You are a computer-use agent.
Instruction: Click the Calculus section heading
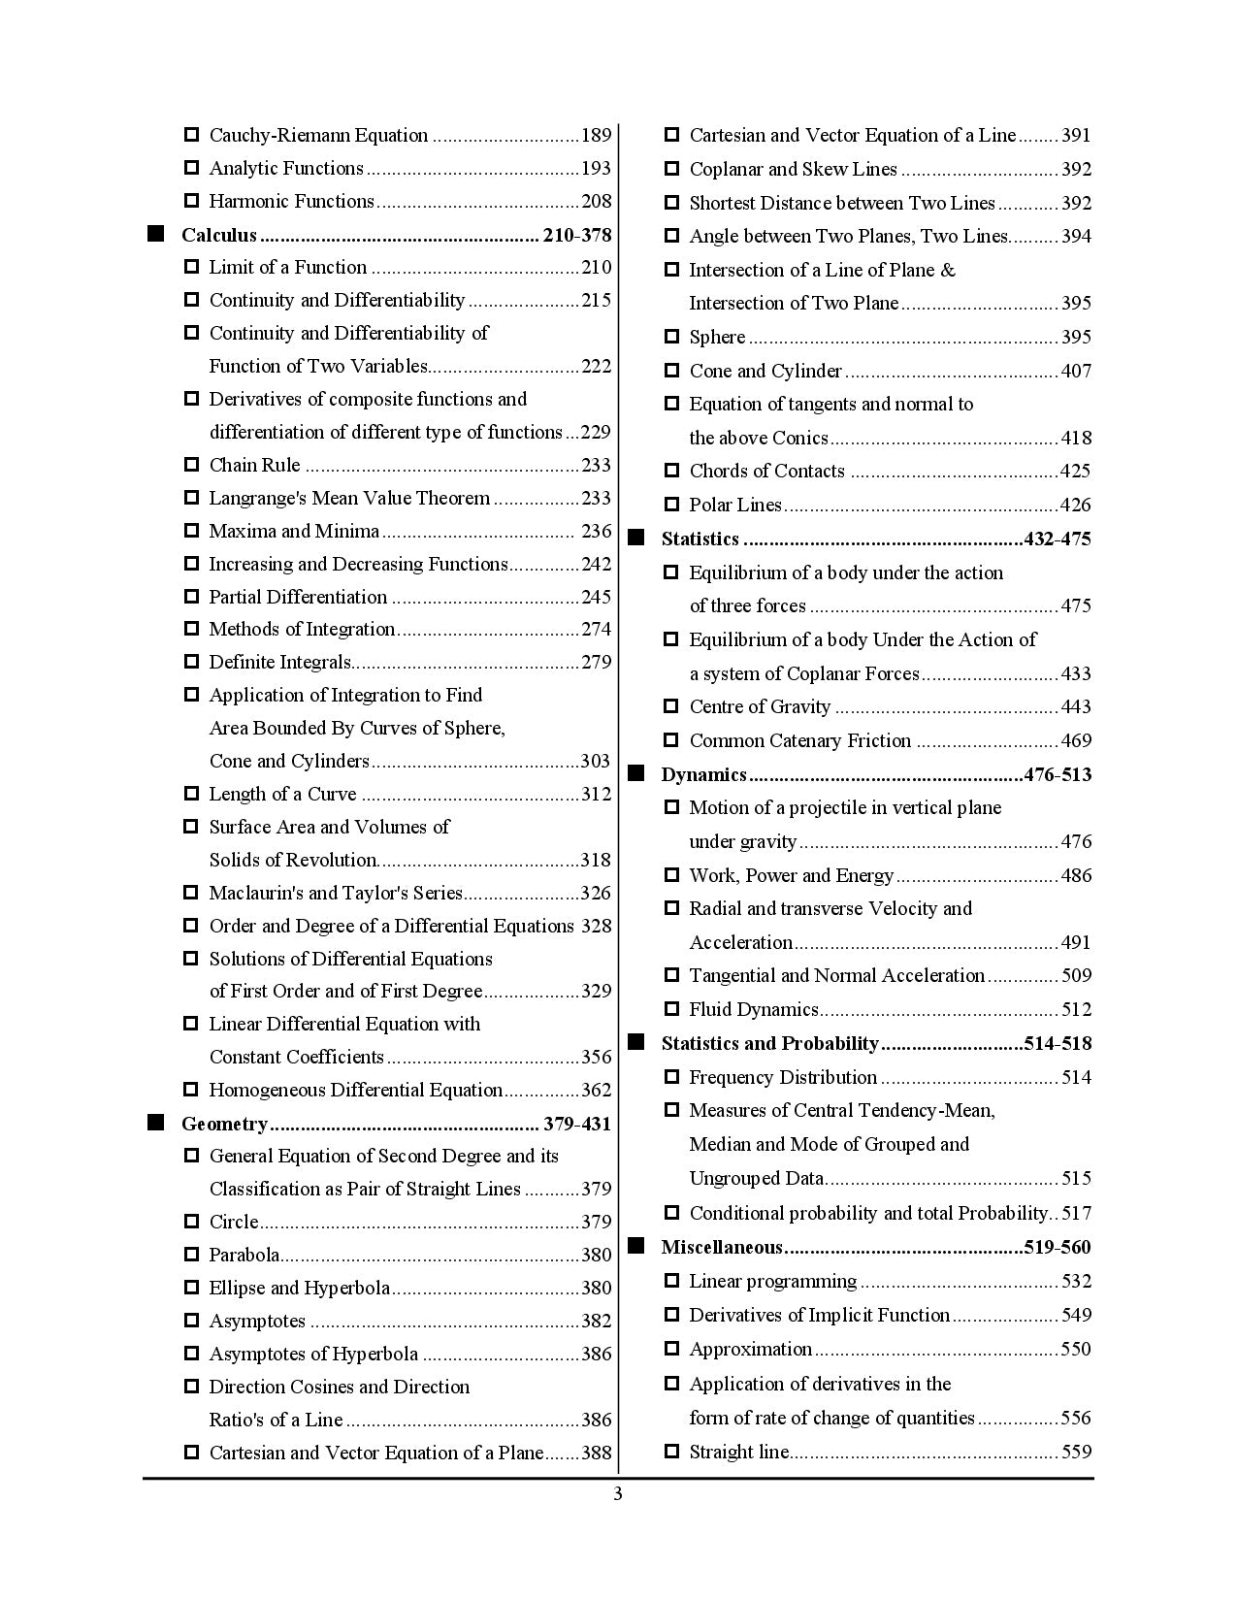pos(219,235)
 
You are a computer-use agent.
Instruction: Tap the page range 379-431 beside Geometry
pos(577,1124)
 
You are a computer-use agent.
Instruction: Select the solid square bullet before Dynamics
pos(636,773)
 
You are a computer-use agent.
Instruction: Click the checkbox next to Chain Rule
pos(191,465)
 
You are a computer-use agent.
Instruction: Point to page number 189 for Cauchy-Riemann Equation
pos(596,135)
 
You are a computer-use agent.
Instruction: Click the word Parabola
pos(244,1255)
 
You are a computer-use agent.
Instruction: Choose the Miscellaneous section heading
pos(721,1247)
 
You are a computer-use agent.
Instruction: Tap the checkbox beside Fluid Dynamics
pos(671,1009)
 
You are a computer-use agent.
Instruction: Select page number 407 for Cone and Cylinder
pos(1076,371)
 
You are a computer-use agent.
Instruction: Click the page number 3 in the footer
pos(618,1494)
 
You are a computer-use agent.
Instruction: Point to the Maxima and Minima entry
pos(294,531)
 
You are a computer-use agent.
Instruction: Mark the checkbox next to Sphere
pos(671,337)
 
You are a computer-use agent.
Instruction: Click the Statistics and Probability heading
pos(769,1043)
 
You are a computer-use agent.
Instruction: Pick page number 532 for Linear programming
pos(1076,1281)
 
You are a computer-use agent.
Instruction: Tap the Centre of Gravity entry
pos(760,706)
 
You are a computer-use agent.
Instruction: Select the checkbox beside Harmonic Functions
pos(191,201)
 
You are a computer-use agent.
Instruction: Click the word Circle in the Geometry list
pos(234,1222)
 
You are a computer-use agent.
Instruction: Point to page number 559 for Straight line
pos(1076,1452)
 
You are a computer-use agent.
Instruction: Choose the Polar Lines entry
pos(734,505)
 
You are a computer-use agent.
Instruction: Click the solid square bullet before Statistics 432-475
pos(636,538)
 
